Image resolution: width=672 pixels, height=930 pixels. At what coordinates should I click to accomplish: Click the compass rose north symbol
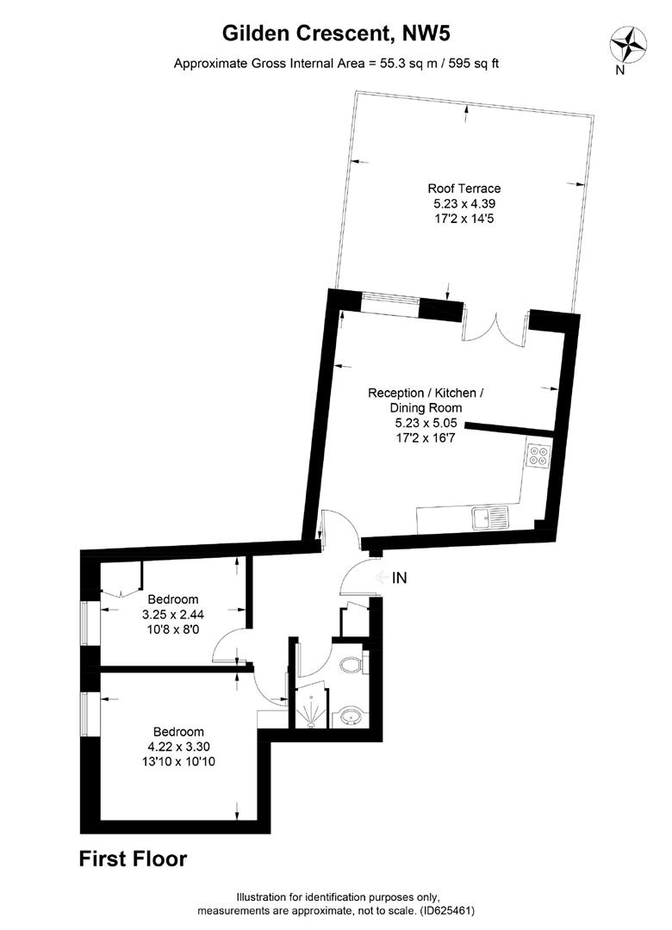tap(629, 43)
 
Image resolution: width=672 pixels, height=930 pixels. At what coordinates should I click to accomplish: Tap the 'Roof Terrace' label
tap(464, 189)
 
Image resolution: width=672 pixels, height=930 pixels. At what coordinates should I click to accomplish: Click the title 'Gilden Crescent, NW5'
tap(337, 34)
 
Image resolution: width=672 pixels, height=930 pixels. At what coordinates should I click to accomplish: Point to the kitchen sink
tap(493, 518)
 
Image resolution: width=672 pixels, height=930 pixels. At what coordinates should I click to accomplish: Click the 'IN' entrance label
tap(400, 579)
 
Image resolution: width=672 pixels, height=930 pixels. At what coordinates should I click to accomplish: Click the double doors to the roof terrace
tap(495, 329)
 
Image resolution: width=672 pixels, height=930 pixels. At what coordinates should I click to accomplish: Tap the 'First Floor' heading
tap(133, 859)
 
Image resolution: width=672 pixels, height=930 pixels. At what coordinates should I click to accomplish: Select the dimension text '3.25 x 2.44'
tap(173, 615)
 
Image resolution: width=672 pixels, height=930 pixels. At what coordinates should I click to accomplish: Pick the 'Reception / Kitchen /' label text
tap(426, 393)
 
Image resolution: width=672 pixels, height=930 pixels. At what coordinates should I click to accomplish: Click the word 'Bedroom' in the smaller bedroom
tap(173, 599)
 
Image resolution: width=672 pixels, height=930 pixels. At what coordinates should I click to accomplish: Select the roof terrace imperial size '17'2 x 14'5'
tap(464, 220)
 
